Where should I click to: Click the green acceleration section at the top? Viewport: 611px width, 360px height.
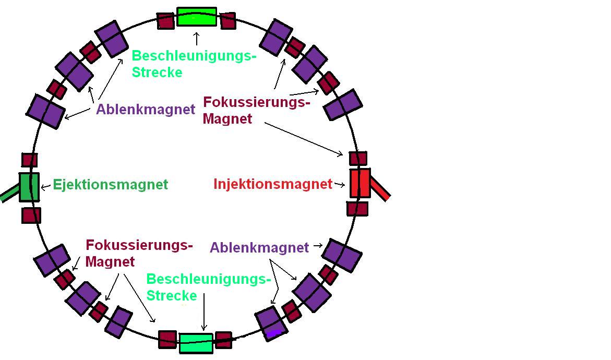196,16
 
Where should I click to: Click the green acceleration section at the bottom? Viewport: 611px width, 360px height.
196,343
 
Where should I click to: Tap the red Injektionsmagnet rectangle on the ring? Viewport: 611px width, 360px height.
360,183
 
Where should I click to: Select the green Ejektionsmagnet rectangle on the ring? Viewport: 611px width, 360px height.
29,187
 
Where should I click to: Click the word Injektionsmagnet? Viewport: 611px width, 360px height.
273,184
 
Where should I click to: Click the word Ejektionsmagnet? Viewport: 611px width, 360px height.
111,185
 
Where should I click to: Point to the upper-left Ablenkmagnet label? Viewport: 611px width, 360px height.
146,110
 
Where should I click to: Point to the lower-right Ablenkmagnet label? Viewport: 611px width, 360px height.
259,247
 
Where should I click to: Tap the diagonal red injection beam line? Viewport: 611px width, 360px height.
380,190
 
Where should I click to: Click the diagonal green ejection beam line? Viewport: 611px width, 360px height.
9,195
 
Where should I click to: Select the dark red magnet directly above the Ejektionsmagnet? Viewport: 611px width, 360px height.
30,160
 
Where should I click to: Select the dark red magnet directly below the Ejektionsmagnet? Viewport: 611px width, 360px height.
31,215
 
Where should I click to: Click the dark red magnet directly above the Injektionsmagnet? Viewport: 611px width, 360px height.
358,158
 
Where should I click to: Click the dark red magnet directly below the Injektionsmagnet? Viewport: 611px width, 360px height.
357,209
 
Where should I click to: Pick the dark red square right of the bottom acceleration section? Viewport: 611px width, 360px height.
223,339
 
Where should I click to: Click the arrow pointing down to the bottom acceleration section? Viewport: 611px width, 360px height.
203,313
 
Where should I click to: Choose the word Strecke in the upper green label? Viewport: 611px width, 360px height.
157,72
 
